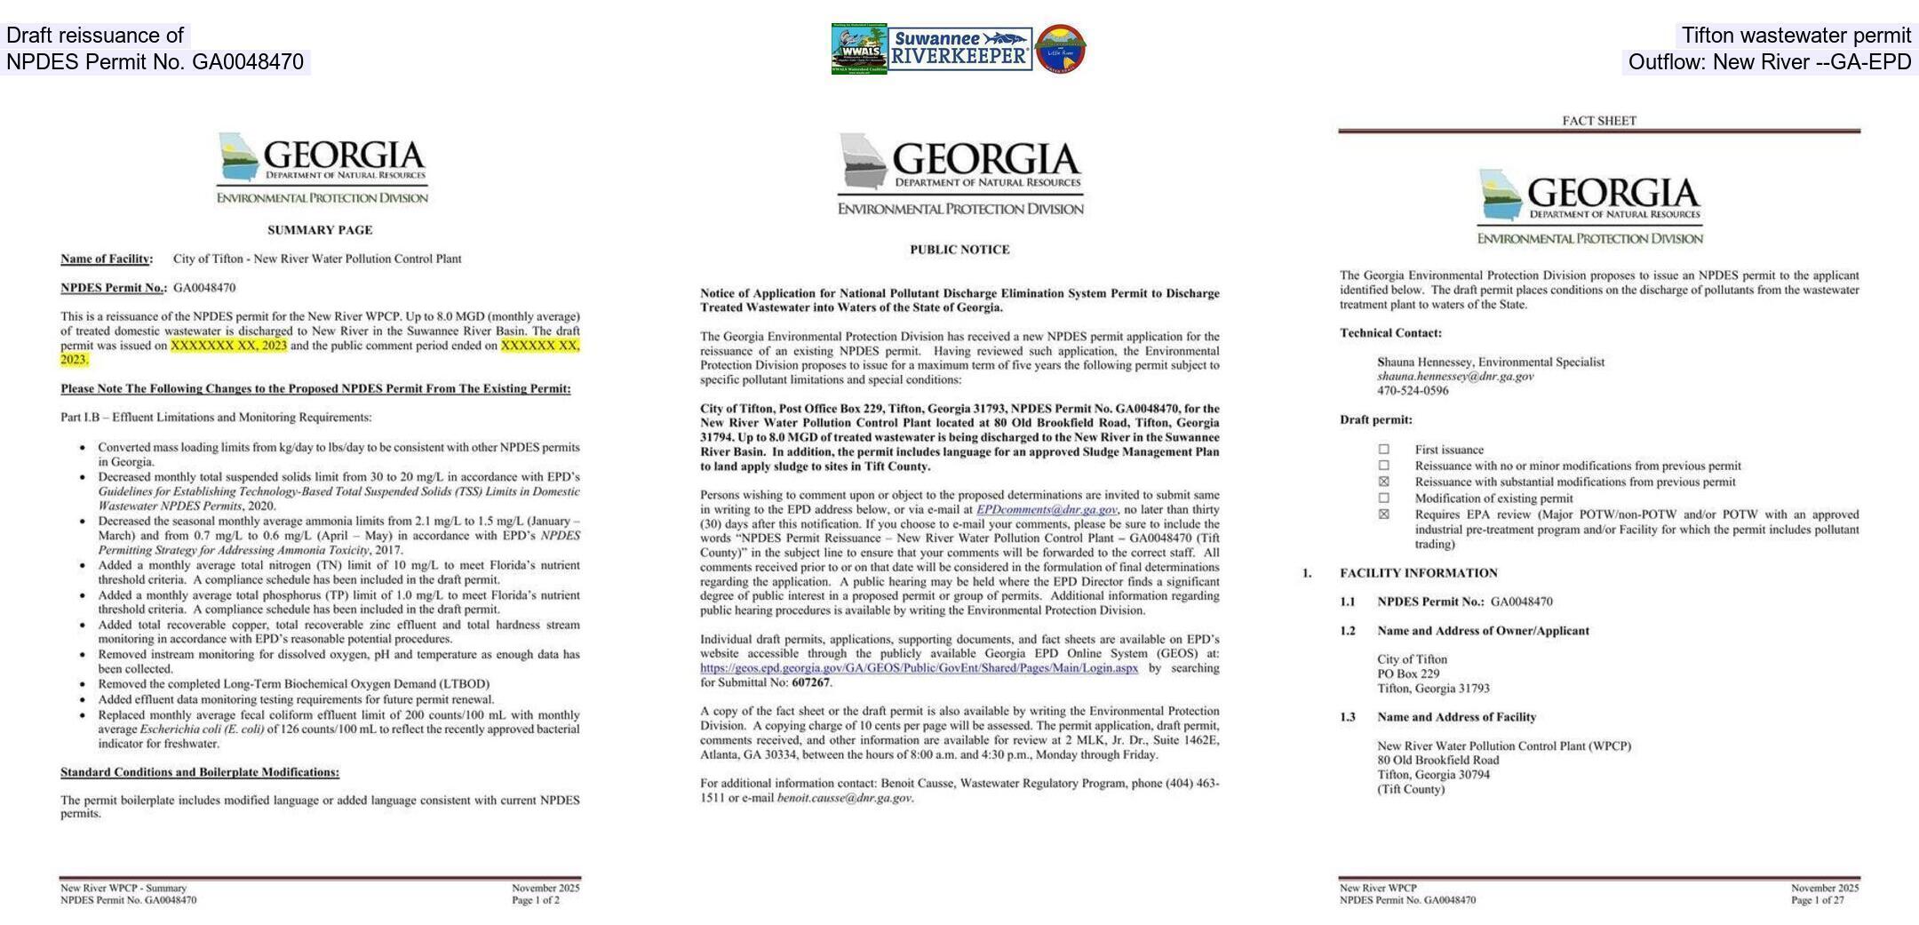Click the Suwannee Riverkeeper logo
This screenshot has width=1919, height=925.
tap(959, 49)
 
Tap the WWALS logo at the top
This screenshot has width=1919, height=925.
tap(859, 49)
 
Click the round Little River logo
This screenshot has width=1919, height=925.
tap(1061, 49)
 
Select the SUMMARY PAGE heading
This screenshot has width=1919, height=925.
tap(320, 230)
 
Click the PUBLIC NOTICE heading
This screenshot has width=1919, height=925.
tap(959, 250)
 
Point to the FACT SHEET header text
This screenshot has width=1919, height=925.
tap(1599, 121)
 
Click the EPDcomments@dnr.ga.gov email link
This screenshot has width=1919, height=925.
tap(1047, 510)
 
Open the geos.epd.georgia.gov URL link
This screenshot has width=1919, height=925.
tap(919, 668)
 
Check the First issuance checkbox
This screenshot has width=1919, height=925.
tap(1383, 450)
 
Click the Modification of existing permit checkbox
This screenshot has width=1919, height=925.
tap(1383, 498)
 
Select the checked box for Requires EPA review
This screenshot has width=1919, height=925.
tap(1383, 514)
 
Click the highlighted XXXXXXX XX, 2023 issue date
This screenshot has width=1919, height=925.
tap(229, 346)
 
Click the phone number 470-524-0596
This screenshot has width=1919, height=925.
tap(1413, 391)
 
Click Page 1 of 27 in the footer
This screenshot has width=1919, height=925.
tap(1817, 900)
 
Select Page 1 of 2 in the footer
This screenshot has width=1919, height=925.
tap(535, 900)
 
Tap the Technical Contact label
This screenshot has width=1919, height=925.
tap(1390, 333)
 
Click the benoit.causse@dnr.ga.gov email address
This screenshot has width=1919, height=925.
tap(844, 798)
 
